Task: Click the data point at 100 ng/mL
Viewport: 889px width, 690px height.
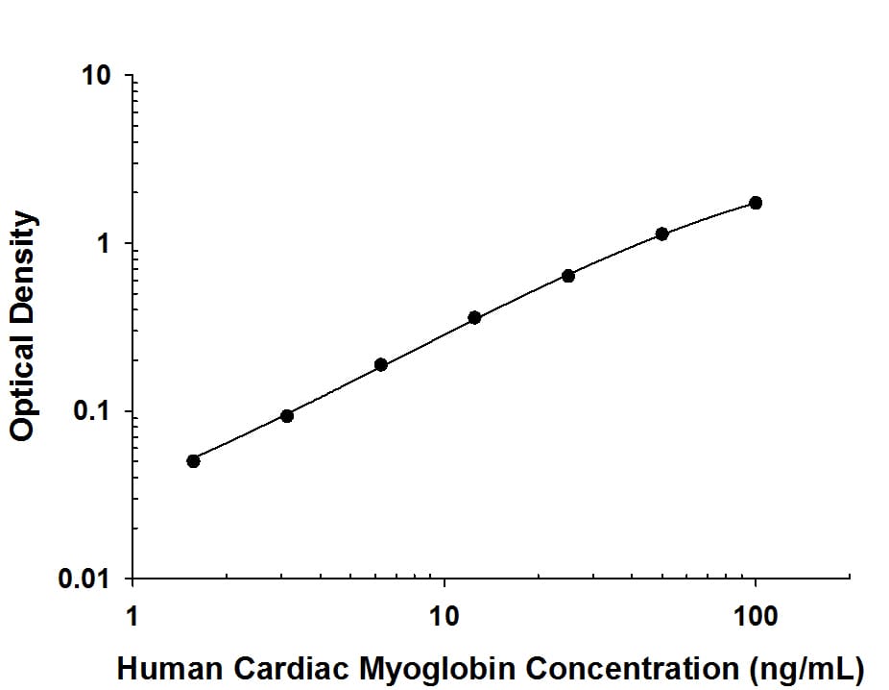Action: tap(756, 203)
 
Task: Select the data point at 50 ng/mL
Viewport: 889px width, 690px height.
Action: tap(661, 234)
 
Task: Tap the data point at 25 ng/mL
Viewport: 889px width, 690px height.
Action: tap(568, 276)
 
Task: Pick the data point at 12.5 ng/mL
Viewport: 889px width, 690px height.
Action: tap(474, 317)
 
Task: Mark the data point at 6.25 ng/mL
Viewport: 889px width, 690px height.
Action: tap(381, 364)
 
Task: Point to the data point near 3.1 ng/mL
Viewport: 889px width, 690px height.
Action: tap(287, 415)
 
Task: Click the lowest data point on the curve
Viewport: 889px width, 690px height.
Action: tap(193, 460)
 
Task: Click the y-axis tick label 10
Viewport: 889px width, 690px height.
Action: tap(97, 76)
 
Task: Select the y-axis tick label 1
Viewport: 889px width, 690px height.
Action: tap(107, 244)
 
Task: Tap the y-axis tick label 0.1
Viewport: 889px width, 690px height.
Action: tap(94, 412)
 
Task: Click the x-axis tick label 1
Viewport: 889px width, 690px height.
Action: tap(132, 613)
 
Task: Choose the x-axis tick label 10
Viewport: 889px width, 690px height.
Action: tap(444, 613)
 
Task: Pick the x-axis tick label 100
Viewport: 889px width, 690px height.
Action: tap(756, 613)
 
